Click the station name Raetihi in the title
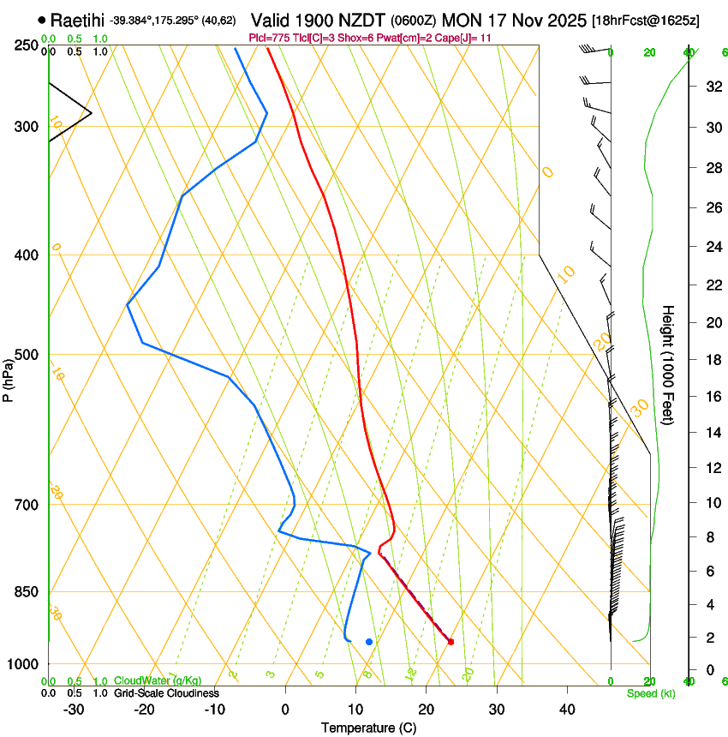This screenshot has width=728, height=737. coord(79,20)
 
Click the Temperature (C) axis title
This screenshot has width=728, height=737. coord(368,728)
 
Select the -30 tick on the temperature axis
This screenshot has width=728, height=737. coord(74,710)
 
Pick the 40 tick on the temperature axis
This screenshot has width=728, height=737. coord(567,710)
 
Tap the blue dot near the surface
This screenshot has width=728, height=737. coord(369,641)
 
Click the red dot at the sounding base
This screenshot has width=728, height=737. coord(451,641)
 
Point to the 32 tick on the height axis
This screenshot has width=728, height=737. coord(712,87)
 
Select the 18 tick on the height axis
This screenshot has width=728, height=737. coord(712,360)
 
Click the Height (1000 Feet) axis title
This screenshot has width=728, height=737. coord(669,364)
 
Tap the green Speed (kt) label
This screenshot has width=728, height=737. coord(650,692)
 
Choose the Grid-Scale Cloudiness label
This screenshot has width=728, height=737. coord(166,692)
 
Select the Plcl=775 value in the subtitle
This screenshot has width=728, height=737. coord(267,38)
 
